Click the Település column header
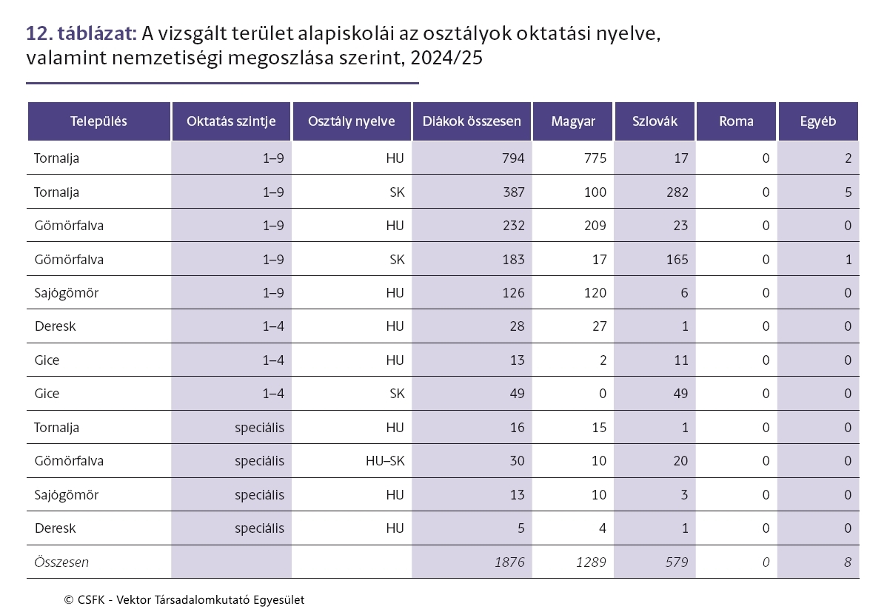tap(98, 121)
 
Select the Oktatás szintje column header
tap(231, 121)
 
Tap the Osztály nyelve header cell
tap(351, 121)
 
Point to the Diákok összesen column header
tap(472, 121)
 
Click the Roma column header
tap(736, 121)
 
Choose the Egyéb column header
tap(818, 121)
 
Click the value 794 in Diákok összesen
tap(513, 158)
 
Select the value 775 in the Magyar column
tap(595, 158)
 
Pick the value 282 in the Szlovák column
tap(677, 192)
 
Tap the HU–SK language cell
tap(385, 461)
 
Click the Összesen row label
tap(61, 562)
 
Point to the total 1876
tap(509, 562)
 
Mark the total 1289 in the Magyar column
tap(591, 562)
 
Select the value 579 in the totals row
tap(677, 562)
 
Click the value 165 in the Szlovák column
tap(677, 260)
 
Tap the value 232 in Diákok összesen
tap(513, 226)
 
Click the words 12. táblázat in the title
tap(81, 33)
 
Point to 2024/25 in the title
tap(446, 58)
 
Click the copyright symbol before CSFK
tap(69, 600)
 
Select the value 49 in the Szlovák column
tap(680, 394)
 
